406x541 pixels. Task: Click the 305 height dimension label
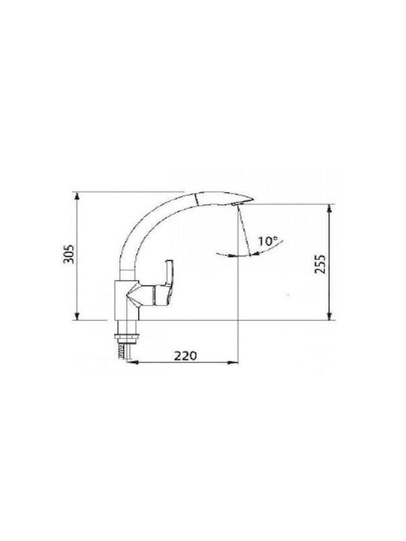[x=68, y=254]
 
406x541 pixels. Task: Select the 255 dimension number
[x=320, y=264]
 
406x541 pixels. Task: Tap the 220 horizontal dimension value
[x=185, y=355]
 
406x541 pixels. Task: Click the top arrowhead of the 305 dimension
[x=77, y=195]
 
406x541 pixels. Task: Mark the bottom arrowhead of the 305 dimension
[x=77, y=316]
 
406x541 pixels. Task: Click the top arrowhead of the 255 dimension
[x=330, y=208]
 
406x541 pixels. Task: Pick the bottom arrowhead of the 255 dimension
[x=330, y=316]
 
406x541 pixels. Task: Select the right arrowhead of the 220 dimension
[x=234, y=362]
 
